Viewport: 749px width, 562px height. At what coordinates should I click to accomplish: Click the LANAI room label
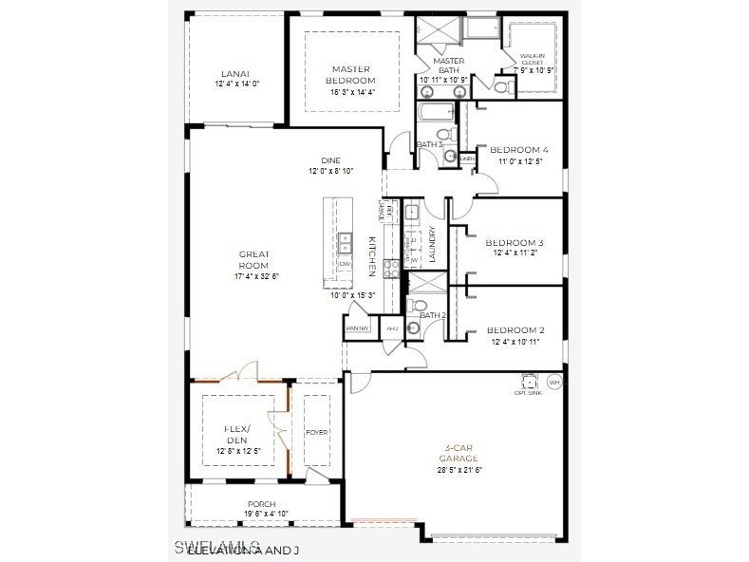point(235,73)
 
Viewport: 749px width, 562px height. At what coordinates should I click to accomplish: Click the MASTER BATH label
point(448,66)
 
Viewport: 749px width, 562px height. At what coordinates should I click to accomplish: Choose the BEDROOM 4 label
point(518,150)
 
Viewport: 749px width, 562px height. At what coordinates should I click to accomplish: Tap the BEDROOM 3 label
point(514,242)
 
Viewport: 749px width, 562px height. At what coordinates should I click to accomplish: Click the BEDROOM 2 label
point(515,329)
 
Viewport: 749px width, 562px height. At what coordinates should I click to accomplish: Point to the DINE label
point(330,160)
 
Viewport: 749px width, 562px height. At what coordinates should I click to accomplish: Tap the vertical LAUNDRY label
point(432,244)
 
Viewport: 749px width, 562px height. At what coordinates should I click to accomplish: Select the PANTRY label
point(357,328)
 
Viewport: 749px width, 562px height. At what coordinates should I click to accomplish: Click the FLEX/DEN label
point(236,434)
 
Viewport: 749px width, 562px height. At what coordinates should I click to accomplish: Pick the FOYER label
point(317,433)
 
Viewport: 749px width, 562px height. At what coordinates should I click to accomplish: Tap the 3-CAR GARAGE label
point(459,453)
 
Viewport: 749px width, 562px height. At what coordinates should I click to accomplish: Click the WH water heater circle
point(554,382)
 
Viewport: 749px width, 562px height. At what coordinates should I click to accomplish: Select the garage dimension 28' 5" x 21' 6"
point(459,470)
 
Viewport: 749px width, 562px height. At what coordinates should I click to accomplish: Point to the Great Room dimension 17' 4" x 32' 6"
point(255,276)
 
